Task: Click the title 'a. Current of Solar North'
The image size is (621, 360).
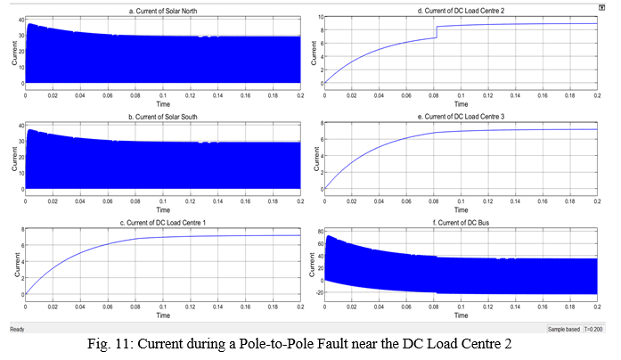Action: [162, 11]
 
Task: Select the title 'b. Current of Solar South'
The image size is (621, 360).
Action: [162, 116]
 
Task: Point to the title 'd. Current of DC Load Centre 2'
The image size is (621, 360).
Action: [462, 11]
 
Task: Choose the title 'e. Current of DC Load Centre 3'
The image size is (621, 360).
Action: [462, 116]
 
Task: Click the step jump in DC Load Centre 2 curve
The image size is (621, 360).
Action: [435, 32]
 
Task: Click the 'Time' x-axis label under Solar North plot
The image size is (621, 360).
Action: [162, 102]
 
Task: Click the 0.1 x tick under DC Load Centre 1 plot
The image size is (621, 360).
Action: [162, 305]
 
